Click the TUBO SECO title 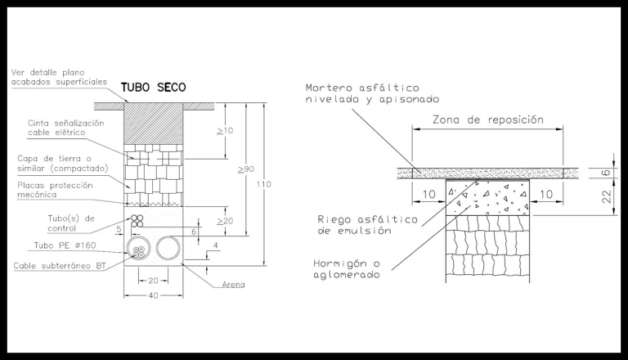[154, 88]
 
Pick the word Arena [235, 284]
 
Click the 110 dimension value [264, 184]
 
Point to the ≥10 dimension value [225, 130]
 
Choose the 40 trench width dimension [155, 297]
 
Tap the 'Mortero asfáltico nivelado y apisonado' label [357, 93]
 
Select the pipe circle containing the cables [139, 249]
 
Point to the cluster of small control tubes [139, 221]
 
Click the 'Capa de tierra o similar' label [55, 163]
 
